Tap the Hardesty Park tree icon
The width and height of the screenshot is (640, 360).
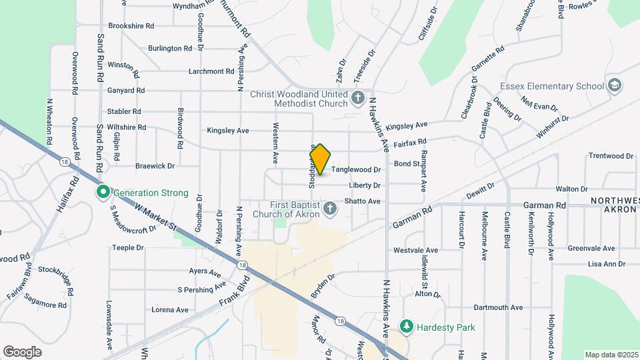point(406,326)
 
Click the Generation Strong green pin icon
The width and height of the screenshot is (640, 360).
point(103,193)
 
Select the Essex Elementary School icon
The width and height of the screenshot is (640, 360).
point(614,86)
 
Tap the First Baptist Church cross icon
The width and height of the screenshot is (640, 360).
point(329,210)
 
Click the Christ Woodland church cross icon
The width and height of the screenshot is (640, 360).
point(358,99)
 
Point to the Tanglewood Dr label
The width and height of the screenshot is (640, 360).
point(356,170)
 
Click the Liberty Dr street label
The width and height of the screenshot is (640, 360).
point(364,185)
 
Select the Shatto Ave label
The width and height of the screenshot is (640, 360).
point(362,201)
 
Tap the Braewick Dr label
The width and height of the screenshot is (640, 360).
point(155,165)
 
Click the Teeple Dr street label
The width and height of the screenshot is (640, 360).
point(128,247)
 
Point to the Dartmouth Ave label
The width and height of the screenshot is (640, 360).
point(498,307)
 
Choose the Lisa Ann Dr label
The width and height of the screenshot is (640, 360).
point(597,264)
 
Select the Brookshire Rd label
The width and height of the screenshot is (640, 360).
point(131,26)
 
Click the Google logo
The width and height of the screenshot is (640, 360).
point(22,351)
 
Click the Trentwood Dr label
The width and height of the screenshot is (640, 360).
point(611,156)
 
